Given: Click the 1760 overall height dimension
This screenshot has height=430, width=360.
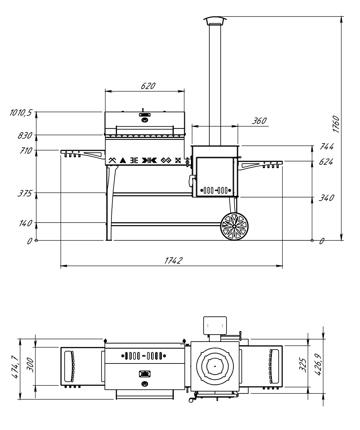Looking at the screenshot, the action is tap(335, 124).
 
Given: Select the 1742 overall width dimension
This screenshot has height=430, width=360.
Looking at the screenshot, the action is tap(173, 260).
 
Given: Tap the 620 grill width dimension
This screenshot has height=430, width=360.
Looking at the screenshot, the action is tap(148, 86).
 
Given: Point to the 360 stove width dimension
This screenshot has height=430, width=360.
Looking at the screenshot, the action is tap(259, 121).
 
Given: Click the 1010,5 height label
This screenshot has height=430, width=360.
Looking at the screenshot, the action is tap(21, 113).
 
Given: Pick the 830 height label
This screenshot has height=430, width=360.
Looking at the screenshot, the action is tap(25, 135).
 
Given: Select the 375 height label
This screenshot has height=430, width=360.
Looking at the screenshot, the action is tap(25, 194).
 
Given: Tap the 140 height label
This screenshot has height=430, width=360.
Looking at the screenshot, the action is tap(26, 223).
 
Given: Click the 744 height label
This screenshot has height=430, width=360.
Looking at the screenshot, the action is tap(327, 146).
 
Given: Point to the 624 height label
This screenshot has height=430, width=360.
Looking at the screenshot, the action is tap(326, 162).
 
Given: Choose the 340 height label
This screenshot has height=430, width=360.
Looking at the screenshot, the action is tap(327, 198).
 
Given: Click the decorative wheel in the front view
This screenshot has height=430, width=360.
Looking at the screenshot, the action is tap(234, 226).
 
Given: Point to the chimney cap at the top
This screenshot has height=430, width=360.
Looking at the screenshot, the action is tap(215, 21).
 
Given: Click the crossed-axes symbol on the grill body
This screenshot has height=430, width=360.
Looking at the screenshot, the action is tap(112, 160).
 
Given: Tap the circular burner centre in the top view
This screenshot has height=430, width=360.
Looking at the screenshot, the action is tap(215, 366).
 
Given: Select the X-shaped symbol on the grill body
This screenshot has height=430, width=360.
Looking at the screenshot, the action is tap(178, 160).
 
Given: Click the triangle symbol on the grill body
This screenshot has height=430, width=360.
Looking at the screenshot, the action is tap(123, 160).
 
